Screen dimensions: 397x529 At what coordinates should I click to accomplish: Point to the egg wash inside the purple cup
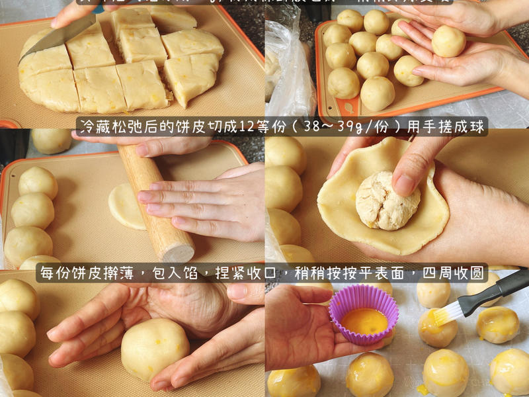[x=364, y=321]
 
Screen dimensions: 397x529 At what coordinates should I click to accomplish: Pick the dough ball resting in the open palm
[x=448, y=41]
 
